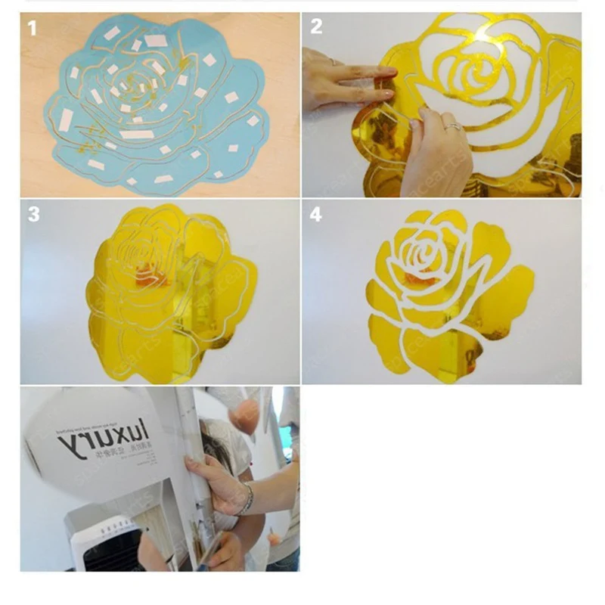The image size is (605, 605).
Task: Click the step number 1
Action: pos(32,29)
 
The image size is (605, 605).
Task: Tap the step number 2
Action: pos(316,27)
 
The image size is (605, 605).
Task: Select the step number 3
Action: pos(33,214)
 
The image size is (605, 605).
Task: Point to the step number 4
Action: pos(315,215)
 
